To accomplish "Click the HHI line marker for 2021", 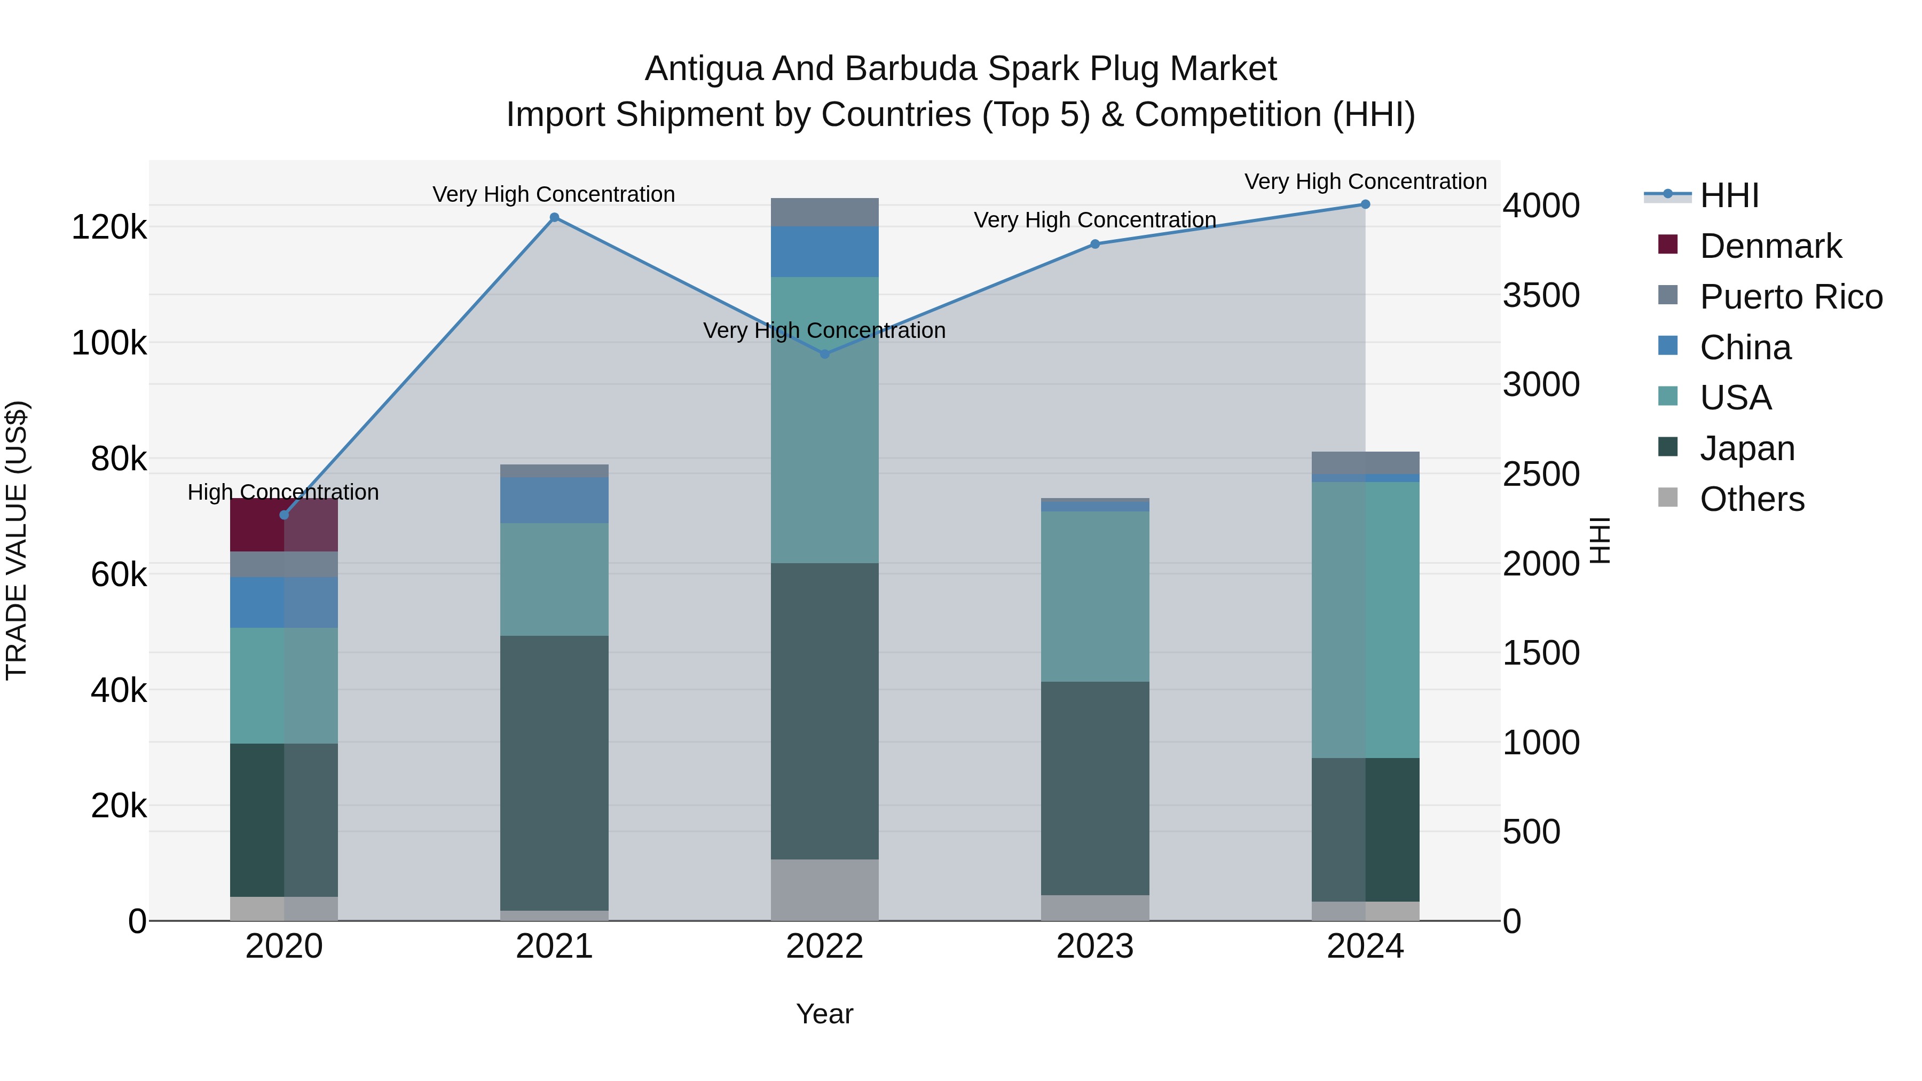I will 554,218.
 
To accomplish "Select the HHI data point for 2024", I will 1365,204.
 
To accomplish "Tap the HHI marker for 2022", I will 824,353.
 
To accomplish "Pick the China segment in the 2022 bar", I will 824,251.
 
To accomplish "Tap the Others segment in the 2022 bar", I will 824,889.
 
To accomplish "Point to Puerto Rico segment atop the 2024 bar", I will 1365,462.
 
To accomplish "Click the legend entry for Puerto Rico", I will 1791,297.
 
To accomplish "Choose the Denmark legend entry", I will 1770,246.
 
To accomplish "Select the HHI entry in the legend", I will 1729,195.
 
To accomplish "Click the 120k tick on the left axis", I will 109,227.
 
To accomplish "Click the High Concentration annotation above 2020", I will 283,492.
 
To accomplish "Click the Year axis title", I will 824,1014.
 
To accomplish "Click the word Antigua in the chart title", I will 704,69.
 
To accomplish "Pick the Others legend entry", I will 1751,499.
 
